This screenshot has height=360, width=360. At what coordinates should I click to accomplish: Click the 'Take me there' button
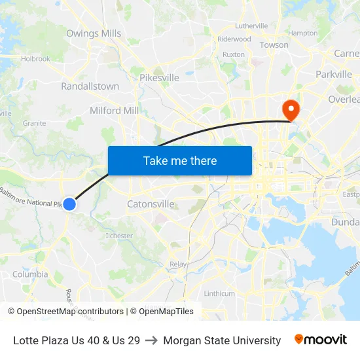coord(180,160)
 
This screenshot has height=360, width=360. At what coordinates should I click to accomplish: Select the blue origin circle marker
coord(69,204)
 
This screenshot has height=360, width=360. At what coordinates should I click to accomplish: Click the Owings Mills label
coord(94,33)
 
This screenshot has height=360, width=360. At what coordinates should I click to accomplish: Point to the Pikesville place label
coord(159,78)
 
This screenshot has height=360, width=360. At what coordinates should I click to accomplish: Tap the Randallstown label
coord(90,86)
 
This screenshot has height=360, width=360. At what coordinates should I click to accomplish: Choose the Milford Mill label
coord(114,111)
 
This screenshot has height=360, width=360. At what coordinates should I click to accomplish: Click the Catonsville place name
coord(151,204)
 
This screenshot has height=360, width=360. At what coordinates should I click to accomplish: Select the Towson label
coord(274,45)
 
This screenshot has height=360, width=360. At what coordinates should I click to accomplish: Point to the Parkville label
coord(334,75)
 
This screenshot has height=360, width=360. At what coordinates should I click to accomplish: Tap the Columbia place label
coord(30,275)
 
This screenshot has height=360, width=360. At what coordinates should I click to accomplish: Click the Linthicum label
coord(219,293)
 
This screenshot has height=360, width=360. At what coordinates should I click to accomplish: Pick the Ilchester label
coord(119,236)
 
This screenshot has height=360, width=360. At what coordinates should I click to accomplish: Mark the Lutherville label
coord(251,26)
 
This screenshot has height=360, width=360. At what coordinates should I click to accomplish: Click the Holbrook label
coord(35,59)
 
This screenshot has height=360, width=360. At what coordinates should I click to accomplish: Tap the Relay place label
coord(178,264)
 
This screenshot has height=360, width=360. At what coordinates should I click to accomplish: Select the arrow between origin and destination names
coord(151,340)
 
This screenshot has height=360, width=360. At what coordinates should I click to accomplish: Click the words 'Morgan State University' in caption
coord(222,340)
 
